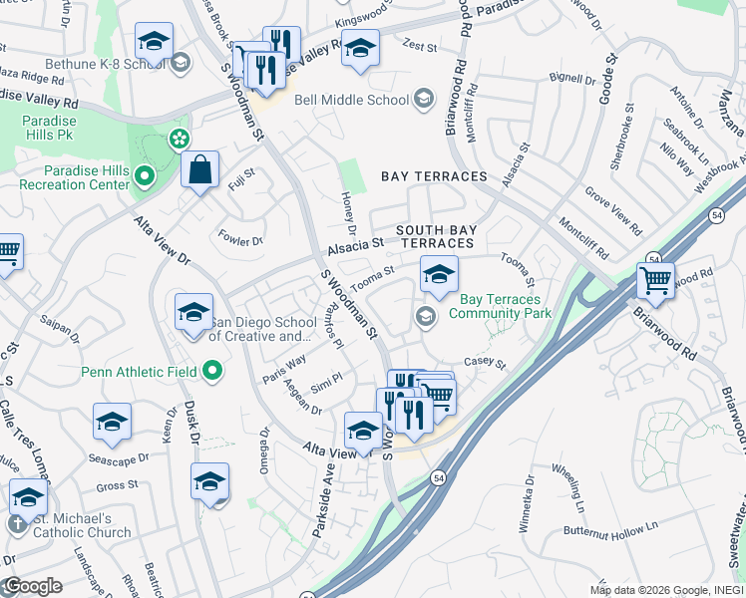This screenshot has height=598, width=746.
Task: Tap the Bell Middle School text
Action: point(352,100)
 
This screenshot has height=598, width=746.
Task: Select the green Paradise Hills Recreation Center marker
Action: point(144,178)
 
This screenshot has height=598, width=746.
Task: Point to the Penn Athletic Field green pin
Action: point(212,372)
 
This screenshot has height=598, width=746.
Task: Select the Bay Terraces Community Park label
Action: point(501,306)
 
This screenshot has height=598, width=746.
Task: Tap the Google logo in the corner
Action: point(32,586)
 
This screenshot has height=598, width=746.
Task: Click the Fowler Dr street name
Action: point(242,240)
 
